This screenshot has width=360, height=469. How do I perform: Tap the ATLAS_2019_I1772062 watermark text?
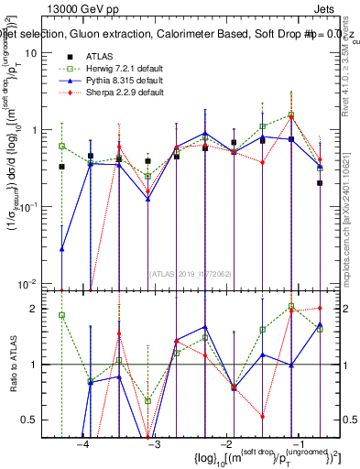[191, 273]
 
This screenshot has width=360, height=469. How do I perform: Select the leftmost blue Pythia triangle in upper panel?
[61, 248]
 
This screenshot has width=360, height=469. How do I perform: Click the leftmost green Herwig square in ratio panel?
[61, 315]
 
